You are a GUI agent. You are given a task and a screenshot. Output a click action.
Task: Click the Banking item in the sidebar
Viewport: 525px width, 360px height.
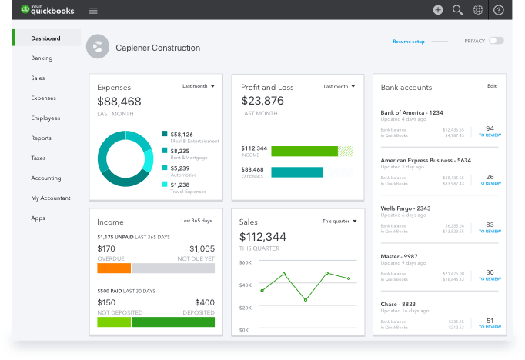coord(42,58)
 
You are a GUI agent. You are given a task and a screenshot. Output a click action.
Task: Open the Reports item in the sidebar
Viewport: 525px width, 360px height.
coord(41,138)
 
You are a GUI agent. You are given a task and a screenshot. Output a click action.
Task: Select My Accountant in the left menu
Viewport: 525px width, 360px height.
coord(50,198)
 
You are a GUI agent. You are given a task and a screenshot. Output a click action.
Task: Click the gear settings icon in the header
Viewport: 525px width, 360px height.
coord(478,10)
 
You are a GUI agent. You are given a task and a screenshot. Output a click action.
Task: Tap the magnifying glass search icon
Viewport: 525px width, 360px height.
coord(458,10)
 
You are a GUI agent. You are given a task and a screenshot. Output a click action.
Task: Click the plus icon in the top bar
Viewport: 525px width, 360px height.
coord(438,10)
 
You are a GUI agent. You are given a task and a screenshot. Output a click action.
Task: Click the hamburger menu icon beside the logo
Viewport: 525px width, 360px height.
coord(93,11)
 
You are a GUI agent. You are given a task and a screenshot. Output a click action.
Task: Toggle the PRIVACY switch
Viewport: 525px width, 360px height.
coord(496,40)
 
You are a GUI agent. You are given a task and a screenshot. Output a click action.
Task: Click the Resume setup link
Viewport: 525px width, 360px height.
coord(409,41)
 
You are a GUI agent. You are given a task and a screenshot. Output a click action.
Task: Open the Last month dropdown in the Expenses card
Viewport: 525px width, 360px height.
coord(199,86)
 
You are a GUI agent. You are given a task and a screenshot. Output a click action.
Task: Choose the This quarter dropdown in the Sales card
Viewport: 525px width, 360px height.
coord(339,221)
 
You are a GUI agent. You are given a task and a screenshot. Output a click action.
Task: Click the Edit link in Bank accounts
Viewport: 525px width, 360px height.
coord(492,86)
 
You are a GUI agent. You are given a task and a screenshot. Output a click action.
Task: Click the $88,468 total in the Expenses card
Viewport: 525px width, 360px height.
coord(119,102)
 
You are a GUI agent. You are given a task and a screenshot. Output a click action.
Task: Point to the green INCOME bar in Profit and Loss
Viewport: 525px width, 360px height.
coord(305,151)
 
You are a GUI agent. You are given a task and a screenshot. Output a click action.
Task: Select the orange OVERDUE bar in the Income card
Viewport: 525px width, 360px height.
coord(114,268)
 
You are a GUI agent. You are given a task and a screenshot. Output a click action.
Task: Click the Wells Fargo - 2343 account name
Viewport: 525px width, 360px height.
coord(405,208)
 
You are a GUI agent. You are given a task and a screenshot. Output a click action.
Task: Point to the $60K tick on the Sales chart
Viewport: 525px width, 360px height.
coord(246,262)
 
